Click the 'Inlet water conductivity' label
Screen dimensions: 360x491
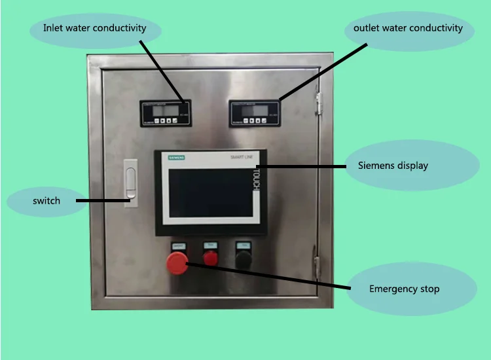click(x=94, y=28)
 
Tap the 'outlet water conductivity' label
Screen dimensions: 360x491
click(x=408, y=28)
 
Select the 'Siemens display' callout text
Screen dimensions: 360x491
click(x=393, y=165)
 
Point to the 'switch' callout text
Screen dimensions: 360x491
click(x=46, y=200)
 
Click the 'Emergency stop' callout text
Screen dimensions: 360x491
click(x=404, y=289)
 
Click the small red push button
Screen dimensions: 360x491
click(x=210, y=259)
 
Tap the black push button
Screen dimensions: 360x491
click(x=244, y=259)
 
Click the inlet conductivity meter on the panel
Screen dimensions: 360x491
click(x=165, y=113)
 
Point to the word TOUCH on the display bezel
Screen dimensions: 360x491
click(x=257, y=177)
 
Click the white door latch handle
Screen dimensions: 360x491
click(x=131, y=184)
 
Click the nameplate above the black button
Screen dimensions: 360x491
click(x=244, y=245)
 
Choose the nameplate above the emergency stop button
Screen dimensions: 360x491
click(x=178, y=246)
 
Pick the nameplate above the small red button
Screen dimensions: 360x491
click(x=210, y=245)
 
